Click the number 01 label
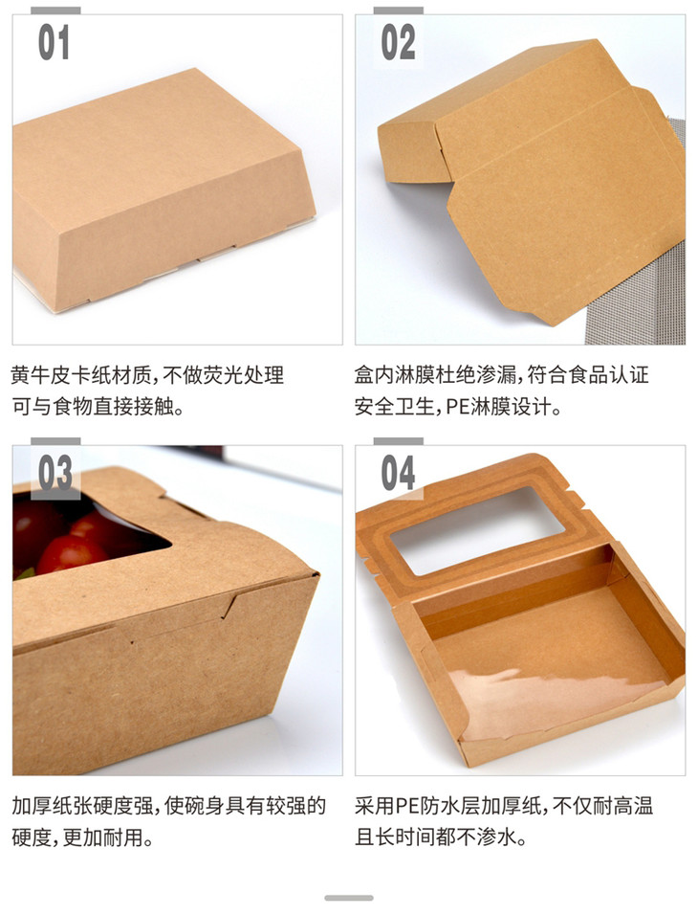(x=54, y=42)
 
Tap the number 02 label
(x=399, y=42)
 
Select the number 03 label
(x=55, y=472)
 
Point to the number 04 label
(x=399, y=472)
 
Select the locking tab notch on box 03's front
(x=230, y=604)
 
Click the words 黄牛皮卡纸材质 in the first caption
(x=81, y=375)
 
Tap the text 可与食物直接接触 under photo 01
(x=93, y=406)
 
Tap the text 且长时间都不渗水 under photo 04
(x=435, y=837)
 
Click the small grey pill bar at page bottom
(x=349, y=898)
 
